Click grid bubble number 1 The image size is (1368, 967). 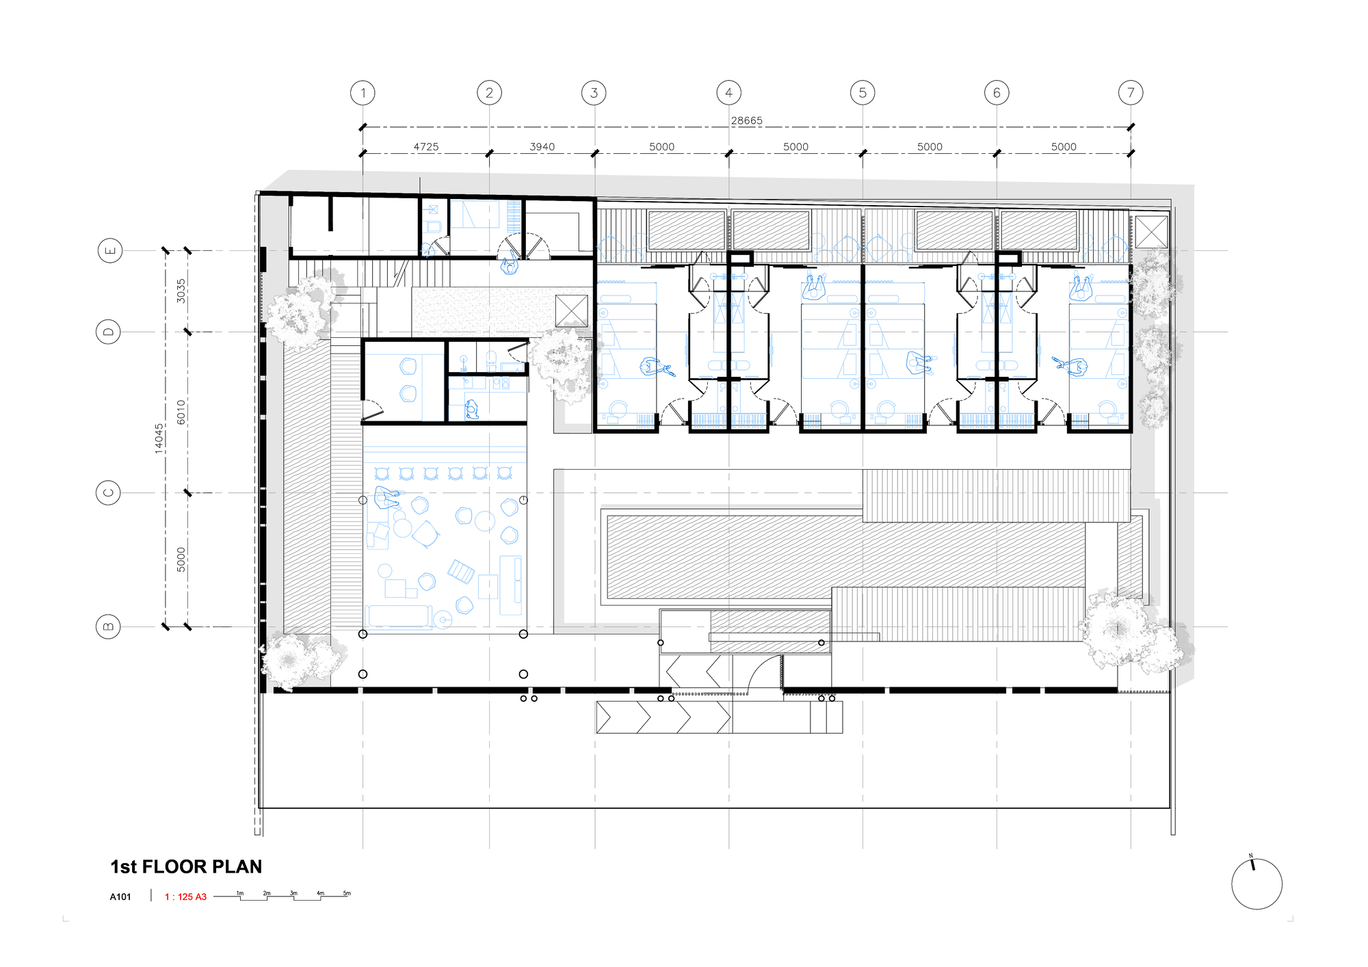click(363, 93)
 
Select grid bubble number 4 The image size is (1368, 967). click(728, 93)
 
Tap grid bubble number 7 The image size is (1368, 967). click(1131, 93)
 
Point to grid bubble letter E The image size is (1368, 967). click(110, 251)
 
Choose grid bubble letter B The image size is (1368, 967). click(108, 626)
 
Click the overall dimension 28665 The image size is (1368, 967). click(746, 120)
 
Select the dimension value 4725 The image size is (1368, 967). click(426, 146)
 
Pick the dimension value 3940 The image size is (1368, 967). click(542, 146)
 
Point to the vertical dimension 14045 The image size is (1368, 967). click(159, 438)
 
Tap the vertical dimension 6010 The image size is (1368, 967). click(181, 412)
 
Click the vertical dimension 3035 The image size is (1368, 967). click(181, 291)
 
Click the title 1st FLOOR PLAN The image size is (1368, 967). click(186, 866)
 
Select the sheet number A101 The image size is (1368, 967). click(120, 897)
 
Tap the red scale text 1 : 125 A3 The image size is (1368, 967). click(185, 897)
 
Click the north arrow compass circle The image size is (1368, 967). click(1257, 884)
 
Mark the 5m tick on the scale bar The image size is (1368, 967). click(347, 894)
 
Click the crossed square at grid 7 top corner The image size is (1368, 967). click(1151, 232)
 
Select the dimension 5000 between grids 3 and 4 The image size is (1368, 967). click(661, 146)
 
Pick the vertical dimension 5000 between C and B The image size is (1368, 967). click(181, 559)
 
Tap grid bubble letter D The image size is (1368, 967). click(108, 332)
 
